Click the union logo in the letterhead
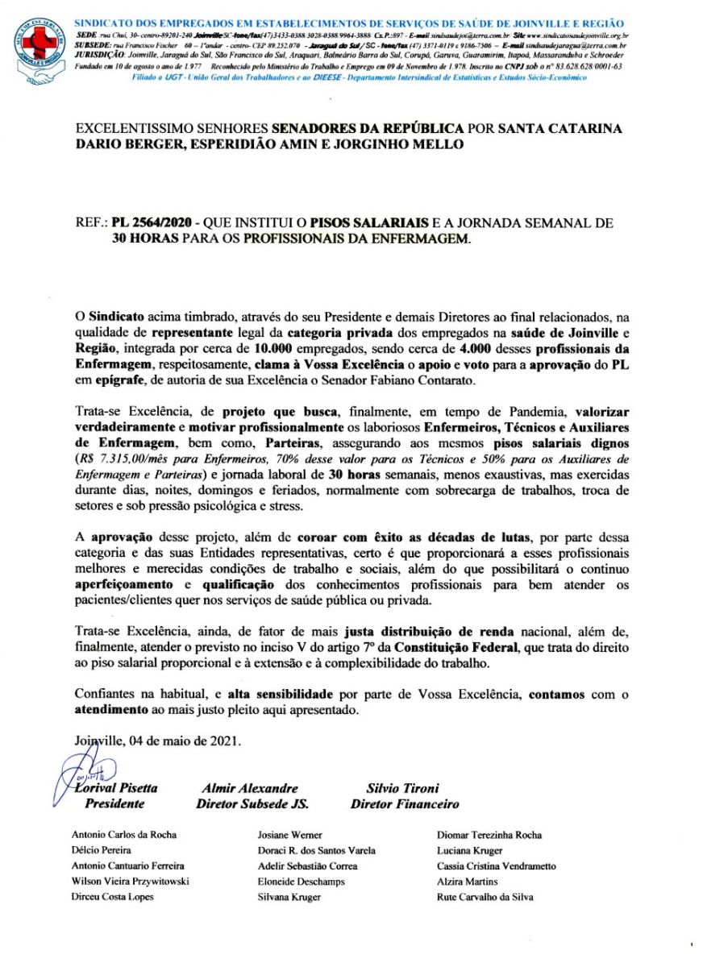[x=38, y=49]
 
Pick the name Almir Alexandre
[x=250, y=788]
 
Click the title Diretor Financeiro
[x=405, y=803]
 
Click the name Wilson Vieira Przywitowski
[x=131, y=881]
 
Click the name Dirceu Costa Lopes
[x=112, y=896]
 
